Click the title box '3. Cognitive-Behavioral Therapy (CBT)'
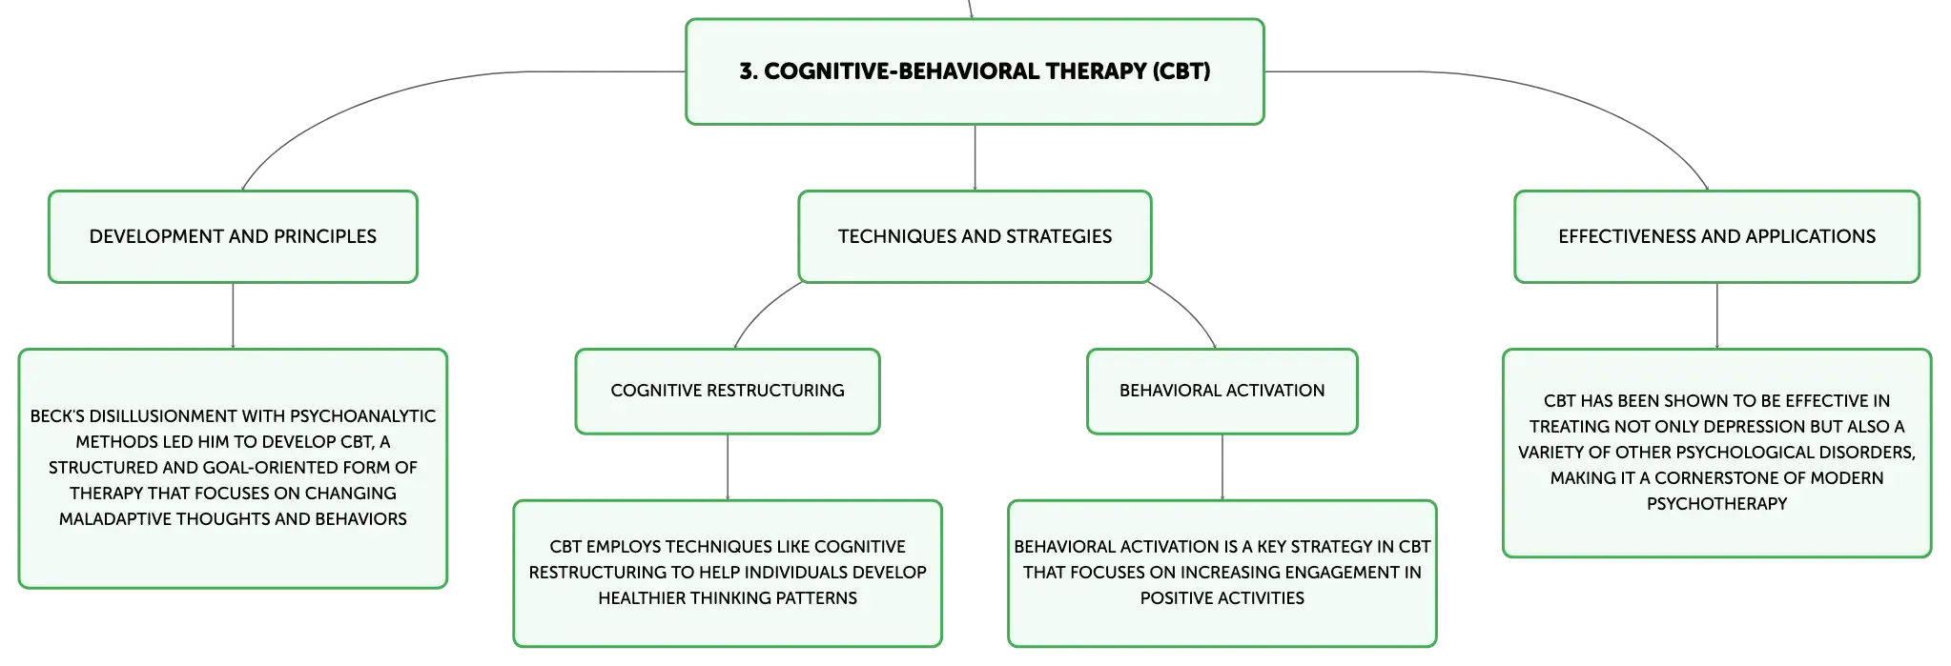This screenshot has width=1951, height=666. pos(975,71)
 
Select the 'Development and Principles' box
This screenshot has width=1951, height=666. pos(233,236)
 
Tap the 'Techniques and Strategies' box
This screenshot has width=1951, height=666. pos(975,236)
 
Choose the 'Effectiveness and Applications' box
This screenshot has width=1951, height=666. pos(1716,236)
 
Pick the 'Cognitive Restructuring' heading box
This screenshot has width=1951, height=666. pos(728,391)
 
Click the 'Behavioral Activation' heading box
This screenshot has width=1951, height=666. pos(1222,391)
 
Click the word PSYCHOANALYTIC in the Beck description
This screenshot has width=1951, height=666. pos(362,416)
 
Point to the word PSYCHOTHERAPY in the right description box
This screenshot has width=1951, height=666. pos(1716,504)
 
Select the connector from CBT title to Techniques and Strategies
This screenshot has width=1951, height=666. pos(975,157)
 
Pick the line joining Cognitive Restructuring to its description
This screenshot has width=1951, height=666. pos(728,467)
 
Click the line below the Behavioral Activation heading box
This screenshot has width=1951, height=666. pos(1222,467)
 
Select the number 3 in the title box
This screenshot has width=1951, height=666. pos(746,71)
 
